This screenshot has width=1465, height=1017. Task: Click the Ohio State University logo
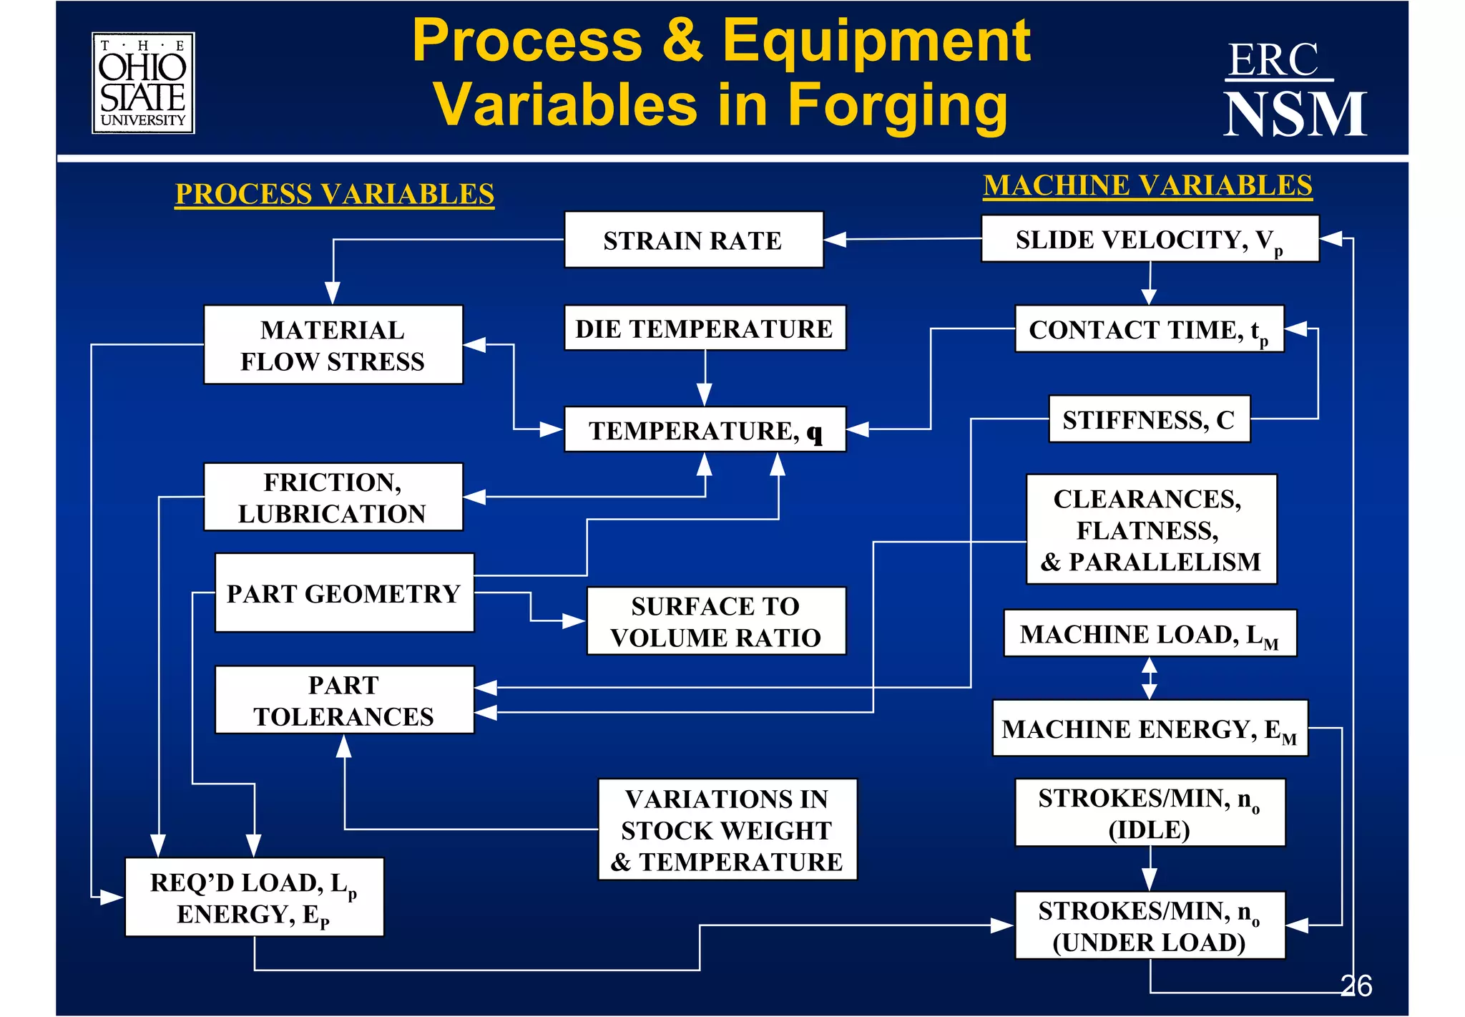click(x=143, y=83)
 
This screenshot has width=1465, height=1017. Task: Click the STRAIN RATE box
click(x=693, y=240)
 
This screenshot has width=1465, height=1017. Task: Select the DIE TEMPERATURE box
click(x=705, y=329)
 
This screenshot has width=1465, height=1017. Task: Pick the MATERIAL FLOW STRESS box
click(x=333, y=345)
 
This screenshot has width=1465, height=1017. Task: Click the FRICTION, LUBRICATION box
click(x=333, y=497)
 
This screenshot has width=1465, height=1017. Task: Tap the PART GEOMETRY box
click(x=344, y=593)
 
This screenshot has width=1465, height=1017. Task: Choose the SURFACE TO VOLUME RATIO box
click(x=716, y=621)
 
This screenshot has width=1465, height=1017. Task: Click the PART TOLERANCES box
click(x=344, y=700)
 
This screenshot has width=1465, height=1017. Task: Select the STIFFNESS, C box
click(x=1149, y=419)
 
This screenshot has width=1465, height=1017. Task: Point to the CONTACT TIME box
click(x=1149, y=329)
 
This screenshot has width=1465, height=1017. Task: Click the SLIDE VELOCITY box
click(x=1149, y=239)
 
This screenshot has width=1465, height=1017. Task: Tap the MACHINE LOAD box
click(x=1149, y=633)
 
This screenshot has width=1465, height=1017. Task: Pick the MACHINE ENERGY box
click(x=1149, y=729)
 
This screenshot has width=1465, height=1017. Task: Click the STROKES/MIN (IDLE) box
click(x=1150, y=813)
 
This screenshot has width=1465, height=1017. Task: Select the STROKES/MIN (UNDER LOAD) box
click(x=1150, y=925)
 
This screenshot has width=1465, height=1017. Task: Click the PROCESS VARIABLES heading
click(x=334, y=194)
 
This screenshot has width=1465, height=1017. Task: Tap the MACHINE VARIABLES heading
click(x=1147, y=185)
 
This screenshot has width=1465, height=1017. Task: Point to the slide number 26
click(x=1356, y=986)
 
